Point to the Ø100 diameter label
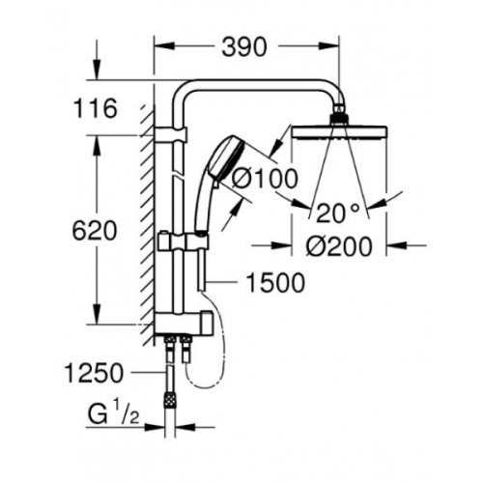pos(261,180)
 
